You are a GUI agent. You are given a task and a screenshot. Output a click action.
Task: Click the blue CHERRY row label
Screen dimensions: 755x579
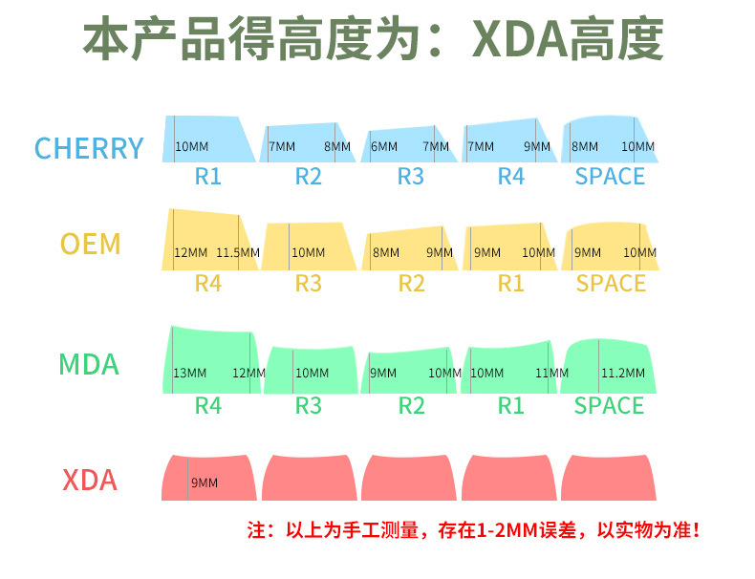click(x=89, y=148)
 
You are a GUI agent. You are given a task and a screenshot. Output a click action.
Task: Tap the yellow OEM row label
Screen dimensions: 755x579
click(x=91, y=244)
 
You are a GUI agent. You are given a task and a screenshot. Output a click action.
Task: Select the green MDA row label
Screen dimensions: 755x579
click(x=89, y=364)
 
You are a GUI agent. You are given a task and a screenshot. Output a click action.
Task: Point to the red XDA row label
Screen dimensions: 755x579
click(x=90, y=480)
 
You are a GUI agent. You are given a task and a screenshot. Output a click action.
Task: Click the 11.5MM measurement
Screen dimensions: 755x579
click(x=238, y=253)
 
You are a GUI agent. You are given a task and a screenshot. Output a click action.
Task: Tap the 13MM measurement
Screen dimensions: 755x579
click(x=189, y=373)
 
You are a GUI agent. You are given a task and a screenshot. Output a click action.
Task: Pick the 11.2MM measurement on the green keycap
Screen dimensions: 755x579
click(x=622, y=373)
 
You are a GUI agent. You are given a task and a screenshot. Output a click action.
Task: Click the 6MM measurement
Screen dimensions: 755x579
click(x=384, y=146)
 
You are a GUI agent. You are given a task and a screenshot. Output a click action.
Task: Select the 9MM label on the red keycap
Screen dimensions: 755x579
click(x=205, y=482)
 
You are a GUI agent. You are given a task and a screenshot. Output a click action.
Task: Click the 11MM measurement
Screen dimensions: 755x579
click(x=551, y=373)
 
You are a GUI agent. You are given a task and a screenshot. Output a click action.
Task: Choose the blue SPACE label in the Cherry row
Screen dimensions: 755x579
click(x=610, y=177)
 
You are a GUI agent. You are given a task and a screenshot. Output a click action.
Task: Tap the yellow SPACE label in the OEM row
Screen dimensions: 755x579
click(x=611, y=284)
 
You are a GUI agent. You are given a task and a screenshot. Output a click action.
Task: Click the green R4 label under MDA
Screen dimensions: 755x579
click(x=207, y=405)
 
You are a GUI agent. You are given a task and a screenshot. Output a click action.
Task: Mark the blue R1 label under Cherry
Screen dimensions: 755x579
click(x=207, y=177)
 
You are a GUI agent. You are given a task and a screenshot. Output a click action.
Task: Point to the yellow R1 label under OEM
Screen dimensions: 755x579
click(x=511, y=284)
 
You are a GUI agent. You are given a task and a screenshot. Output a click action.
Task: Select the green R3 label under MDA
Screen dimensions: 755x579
click(x=308, y=405)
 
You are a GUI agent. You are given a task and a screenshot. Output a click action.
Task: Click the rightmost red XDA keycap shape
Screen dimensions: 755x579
click(x=608, y=477)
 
